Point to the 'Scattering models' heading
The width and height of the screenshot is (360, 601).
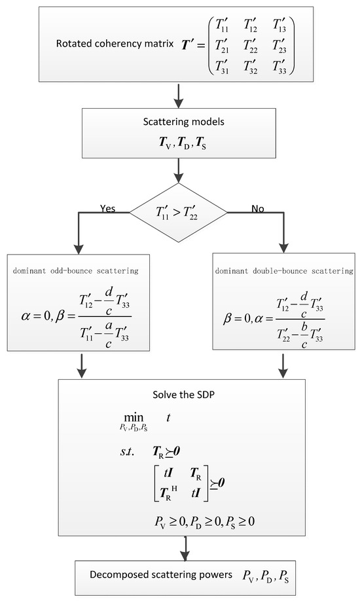tap(179, 121)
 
